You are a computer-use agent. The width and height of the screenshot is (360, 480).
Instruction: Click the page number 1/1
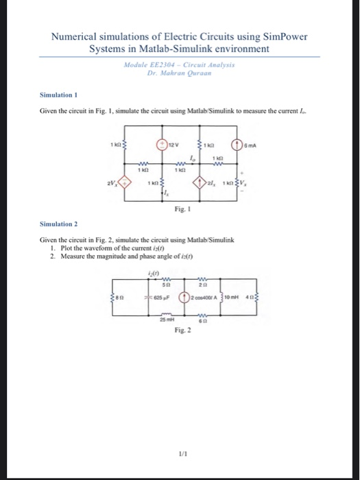(x=180, y=444)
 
